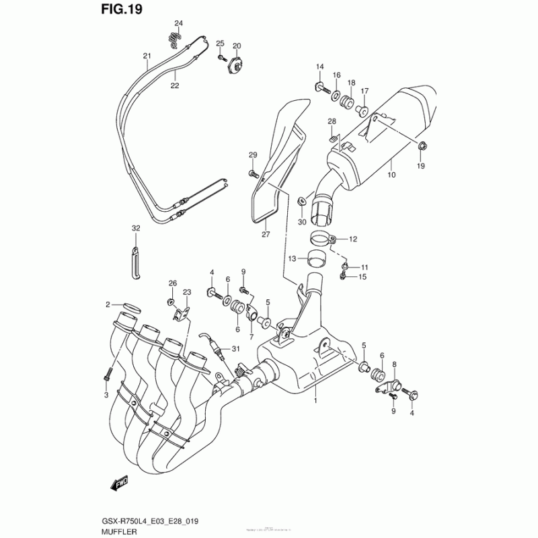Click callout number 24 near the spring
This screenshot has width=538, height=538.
point(178,24)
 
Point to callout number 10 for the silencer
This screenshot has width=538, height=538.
point(391,176)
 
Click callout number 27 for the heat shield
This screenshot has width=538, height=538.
point(265,234)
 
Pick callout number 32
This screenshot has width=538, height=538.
point(135,229)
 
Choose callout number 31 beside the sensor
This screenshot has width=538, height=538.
point(235,348)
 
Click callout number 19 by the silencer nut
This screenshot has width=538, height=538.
point(421,165)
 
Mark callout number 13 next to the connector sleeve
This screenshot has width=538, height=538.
point(292,258)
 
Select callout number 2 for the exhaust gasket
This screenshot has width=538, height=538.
point(107,305)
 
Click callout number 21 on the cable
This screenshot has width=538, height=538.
point(146,56)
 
